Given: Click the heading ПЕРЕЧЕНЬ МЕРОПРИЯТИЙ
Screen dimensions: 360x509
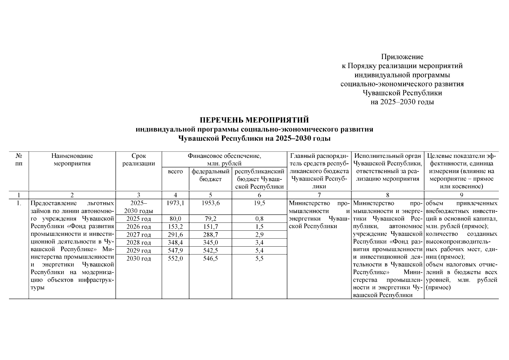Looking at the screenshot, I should click(254, 120).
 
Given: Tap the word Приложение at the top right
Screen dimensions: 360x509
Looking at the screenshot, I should click(402, 57).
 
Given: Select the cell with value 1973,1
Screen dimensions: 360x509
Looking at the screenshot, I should click(175, 203).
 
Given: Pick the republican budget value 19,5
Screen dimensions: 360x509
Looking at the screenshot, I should click(259, 203).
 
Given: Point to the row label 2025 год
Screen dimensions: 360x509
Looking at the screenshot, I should click(139, 219).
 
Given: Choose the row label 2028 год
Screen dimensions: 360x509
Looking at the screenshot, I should click(139, 242).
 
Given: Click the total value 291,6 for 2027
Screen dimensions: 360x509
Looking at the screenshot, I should click(175, 235).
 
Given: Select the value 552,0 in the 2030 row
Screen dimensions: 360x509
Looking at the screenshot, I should click(175, 259).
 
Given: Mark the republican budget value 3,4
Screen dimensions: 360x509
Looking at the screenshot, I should click(259, 242).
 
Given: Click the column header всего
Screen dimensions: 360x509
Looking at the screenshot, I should click(175, 172).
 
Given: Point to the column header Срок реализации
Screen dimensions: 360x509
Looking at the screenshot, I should click(139, 160).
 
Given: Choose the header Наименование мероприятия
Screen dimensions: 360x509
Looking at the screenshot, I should click(72, 160).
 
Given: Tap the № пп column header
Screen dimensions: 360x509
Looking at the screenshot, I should click(19, 160).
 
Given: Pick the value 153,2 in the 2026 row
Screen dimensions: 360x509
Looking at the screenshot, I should click(175, 227).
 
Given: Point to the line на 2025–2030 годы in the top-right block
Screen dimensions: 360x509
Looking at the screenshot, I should click(402, 102).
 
